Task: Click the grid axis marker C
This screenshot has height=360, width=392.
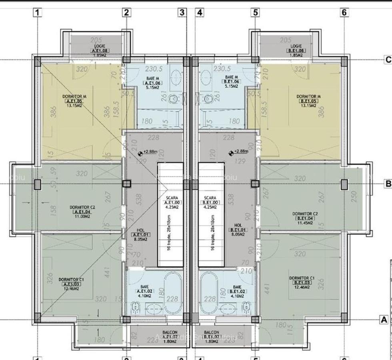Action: (388, 60)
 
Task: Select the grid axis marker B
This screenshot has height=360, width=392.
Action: (388, 184)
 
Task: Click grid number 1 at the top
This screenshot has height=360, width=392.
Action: (38, 12)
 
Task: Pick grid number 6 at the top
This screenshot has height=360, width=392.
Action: (344, 12)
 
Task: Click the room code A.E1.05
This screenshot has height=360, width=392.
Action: (74, 101)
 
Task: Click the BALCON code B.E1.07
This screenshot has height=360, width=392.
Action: (212, 337)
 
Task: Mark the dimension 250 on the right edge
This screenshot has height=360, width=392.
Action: (353, 197)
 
